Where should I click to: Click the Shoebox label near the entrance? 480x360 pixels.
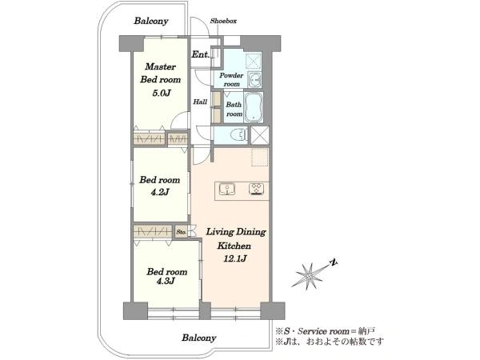pyautogui.click(x=223, y=21)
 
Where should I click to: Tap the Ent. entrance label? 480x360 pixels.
pyautogui.click(x=201, y=54)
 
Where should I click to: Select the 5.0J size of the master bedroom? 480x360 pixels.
pyautogui.click(x=161, y=93)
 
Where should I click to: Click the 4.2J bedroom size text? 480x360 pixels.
pyautogui.click(x=160, y=192)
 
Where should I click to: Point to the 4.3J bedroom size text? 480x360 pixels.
pyautogui.click(x=166, y=281)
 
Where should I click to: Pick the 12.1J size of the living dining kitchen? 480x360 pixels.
pyautogui.click(x=235, y=259)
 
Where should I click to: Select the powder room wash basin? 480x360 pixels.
pyautogui.click(x=254, y=80)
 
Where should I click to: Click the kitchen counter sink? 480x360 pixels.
pyautogui.click(x=227, y=190)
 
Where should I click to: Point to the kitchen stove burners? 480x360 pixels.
pyautogui.click(x=257, y=189)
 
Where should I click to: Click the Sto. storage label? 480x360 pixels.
pyautogui.click(x=182, y=232)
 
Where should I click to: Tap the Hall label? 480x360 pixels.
pyautogui.click(x=200, y=102)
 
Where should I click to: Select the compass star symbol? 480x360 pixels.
pyautogui.click(x=310, y=275)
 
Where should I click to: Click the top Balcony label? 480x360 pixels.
pyautogui.click(x=151, y=21)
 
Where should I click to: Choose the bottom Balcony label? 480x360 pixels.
pyautogui.click(x=199, y=338)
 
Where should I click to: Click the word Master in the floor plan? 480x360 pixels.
pyautogui.click(x=161, y=66)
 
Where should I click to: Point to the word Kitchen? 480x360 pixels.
pyautogui.click(x=234, y=246)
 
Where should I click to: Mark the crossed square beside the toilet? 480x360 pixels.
pyautogui.click(x=260, y=135)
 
